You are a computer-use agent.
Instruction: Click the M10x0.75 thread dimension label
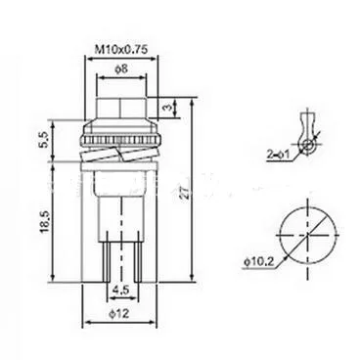click(x=121, y=49)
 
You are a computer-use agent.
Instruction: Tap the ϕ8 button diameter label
click(x=121, y=69)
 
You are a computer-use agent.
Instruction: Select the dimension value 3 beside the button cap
click(x=168, y=108)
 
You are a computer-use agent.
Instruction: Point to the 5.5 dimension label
click(x=44, y=139)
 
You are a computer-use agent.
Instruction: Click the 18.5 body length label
click(x=44, y=221)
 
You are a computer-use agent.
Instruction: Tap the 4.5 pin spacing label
click(x=121, y=290)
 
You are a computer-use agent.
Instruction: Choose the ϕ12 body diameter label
click(x=119, y=314)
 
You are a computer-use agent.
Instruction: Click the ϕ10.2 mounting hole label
click(x=259, y=262)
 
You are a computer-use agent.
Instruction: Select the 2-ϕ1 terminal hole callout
click(x=278, y=155)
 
